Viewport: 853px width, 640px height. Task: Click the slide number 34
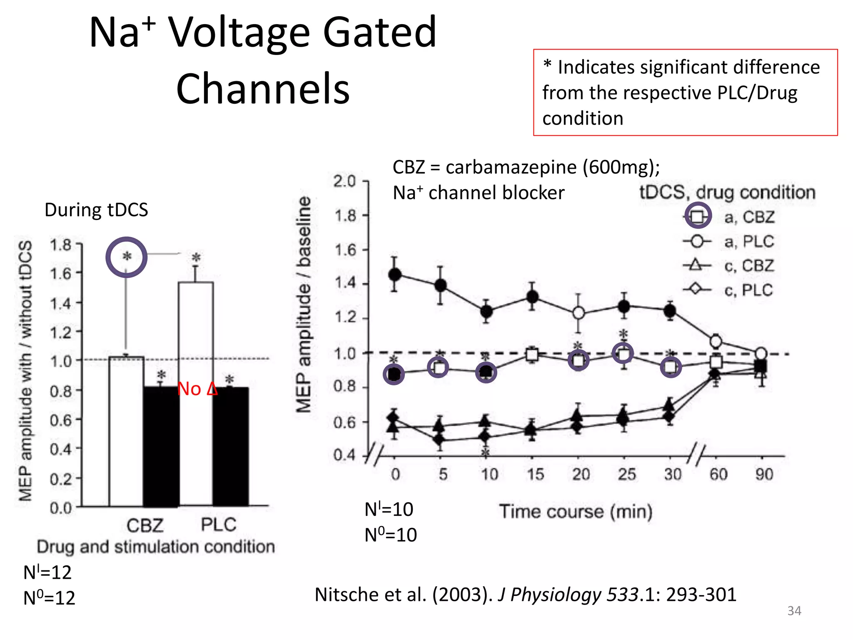click(794, 611)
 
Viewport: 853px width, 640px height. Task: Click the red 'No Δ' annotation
click(197, 389)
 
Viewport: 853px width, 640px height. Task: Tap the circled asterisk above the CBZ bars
click(127, 257)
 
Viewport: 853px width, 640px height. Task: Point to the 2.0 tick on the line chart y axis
click(345, 182)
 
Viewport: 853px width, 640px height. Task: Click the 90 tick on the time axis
click(764, 475)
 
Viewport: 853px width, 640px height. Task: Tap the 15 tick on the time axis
click(535, 475)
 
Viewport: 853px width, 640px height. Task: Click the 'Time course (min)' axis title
click(576, 511)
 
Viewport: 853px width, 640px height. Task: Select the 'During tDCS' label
click(96, 210)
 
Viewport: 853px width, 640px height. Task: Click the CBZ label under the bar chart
click(145, 525)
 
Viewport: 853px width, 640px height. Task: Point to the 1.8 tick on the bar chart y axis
click(61, 245)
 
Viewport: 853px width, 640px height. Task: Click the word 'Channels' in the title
click(263, 88)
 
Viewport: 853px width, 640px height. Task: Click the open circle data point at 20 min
click(578, 313)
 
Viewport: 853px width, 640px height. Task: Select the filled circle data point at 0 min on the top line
click(394, 275)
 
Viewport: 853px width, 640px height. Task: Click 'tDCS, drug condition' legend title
click(727, 192)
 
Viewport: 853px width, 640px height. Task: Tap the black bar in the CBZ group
click(161, 446)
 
